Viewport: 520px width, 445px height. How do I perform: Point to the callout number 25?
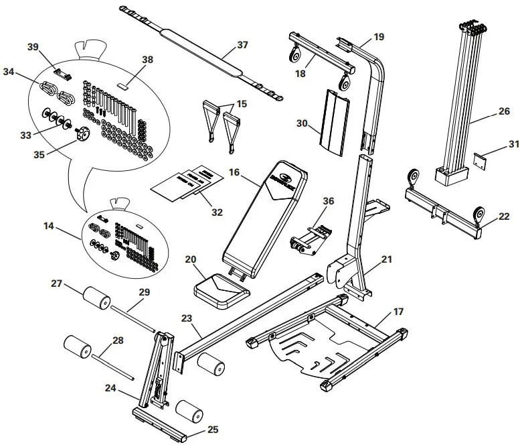pos(212,430)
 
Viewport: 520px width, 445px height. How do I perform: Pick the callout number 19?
pos(378,37)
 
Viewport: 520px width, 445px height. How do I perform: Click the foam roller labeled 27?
pos(96,298)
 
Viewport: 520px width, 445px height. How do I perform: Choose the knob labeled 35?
pos(83,135)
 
